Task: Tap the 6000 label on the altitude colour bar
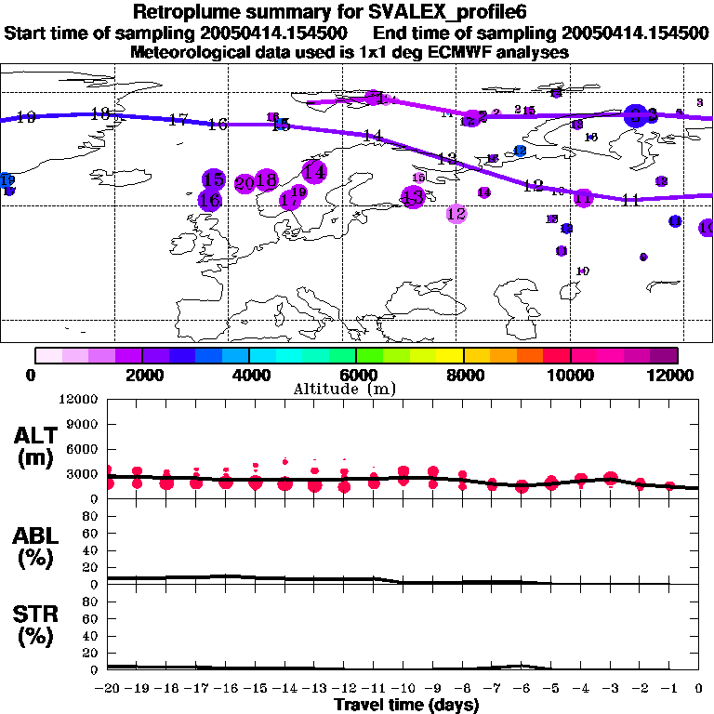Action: (356, 375)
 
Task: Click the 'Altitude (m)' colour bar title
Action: (356, 389)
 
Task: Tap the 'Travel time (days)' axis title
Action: (406, 705)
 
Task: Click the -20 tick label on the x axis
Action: (109, 689)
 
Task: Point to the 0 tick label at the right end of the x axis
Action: (699, 689)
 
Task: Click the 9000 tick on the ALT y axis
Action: (83, 425)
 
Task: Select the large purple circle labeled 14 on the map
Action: (314, 171)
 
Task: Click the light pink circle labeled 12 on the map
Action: (456, 214)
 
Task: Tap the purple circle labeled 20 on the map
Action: (245, 183)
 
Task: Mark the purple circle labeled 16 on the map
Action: (210, 199)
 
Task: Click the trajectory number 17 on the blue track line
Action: (178, 120)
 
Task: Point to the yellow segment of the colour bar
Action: (450, 355)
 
